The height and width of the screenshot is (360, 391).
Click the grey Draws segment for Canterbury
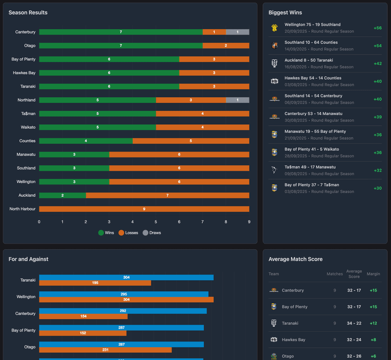(x=238, y=32)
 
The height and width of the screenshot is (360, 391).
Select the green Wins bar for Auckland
(x=62, y=195)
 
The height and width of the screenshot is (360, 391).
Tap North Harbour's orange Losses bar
(x=144, y=209)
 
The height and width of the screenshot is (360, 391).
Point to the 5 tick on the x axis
(x=156, y=222)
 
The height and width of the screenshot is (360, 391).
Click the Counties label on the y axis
(x=27, y=141)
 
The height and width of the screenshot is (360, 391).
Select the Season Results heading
(x=28, y=12)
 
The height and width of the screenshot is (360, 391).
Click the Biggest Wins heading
(x=285, y=12)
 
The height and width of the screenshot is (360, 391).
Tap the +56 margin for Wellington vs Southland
(x=377, y=28)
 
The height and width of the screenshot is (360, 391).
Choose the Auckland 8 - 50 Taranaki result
(x=312, y=60)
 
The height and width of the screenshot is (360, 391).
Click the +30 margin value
(x=377, y=188)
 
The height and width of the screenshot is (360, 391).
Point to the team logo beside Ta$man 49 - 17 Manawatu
(x=275, y=170)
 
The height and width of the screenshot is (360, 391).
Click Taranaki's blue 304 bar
(x=126, y=278)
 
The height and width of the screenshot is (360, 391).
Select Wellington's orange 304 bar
(x=126, y=300)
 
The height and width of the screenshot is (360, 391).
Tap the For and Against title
(x=28, y=259)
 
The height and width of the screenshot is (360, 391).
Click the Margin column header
(x=373, y=274)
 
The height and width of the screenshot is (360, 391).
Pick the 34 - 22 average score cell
(x=354, y=323)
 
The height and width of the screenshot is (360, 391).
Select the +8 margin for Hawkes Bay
(x=373, y=340)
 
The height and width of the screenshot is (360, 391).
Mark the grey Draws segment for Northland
(x=238, y=100)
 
